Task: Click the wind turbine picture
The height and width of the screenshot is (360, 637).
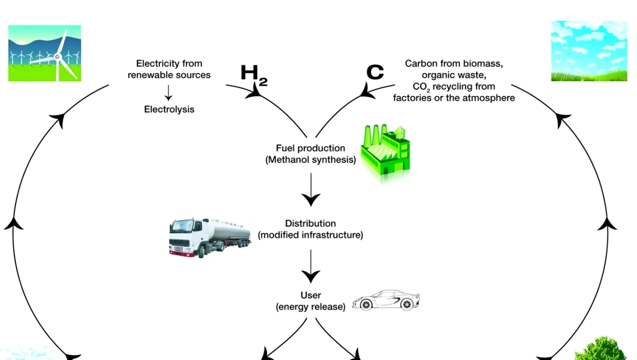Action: (x=45, y=53)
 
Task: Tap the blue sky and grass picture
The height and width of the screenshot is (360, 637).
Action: (x=589, y=51)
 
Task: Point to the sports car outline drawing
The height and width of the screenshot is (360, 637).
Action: (x=386, y=301)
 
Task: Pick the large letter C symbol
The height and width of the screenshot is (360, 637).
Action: (x=375, y=72)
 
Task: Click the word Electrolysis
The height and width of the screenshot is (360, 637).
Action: (x=169, y=109)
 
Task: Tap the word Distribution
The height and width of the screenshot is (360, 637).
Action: (x=311, y=224)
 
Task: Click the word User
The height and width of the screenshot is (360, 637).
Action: (x=311, y=295)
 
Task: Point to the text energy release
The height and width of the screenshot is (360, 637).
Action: (x=311, y=307)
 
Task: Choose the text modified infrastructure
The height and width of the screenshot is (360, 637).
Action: (x=311, y=236)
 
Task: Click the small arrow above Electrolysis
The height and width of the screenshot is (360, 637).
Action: (x=168, y=93)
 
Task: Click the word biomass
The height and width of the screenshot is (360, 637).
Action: (x=484, y=64)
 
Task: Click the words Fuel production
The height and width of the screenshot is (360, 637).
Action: (x=311, y=148)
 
